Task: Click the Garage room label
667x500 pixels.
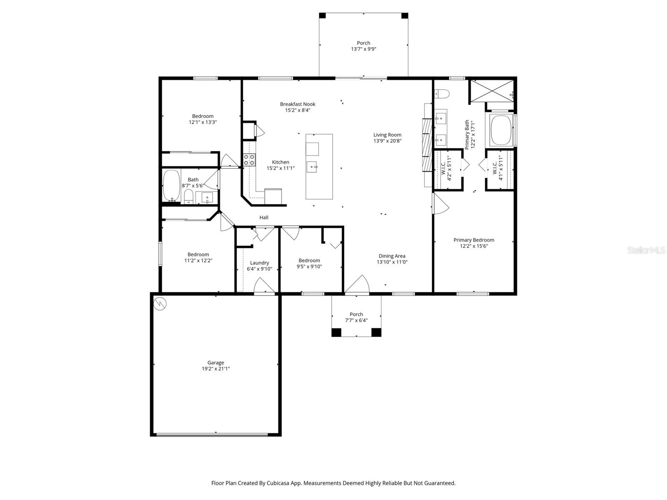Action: point(216,363)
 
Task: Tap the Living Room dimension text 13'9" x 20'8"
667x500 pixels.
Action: point(387,141)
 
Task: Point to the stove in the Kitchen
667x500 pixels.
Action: point(250,160)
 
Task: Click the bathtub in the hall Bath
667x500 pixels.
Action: point(171,185)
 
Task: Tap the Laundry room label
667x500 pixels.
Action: point(259,263)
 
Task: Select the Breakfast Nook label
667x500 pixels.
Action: point(297,104)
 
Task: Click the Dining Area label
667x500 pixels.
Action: point(392,256)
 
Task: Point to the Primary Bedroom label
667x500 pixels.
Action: point(474,240)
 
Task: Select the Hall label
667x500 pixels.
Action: point(264,217)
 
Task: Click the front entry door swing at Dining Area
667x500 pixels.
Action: point(358,285)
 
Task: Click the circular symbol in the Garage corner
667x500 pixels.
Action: point(160,304)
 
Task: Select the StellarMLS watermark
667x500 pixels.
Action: point(646,250)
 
